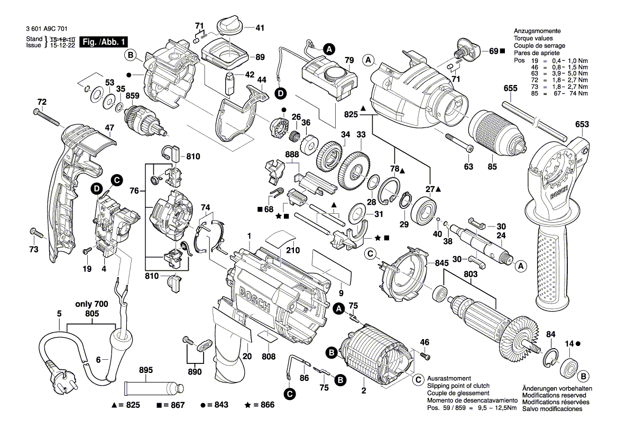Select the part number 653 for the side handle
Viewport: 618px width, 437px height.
(x=582, y=125)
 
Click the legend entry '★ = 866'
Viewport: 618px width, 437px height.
(x=261, y=405)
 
